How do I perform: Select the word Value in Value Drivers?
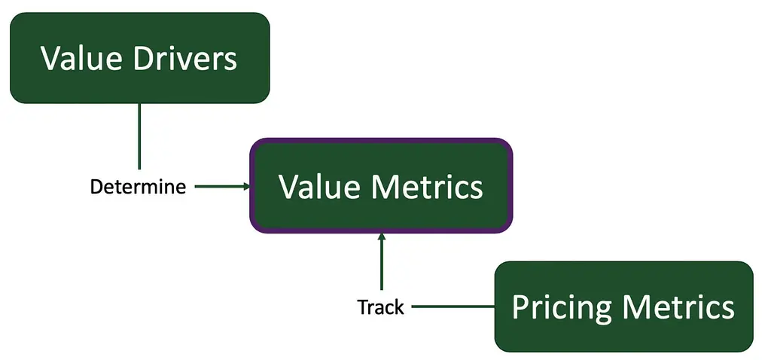pyautogui.click(x=81, y=58)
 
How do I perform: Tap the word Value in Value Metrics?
pyautogui.click(x=319, y=186)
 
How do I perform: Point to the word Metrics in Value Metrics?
pyautogui.click(x=427, y=186)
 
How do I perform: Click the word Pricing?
pyautogui.click(x=560, y=308)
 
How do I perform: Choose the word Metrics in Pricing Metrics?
pyautogui.click(x=678, y=307)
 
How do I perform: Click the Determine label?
pyautogui.click(x=139, y=187)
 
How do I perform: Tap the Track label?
pyautogui.click(x=380, y=307)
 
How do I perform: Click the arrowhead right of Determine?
pyautogui.click(x=247, y=186)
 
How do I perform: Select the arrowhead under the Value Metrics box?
pyautogui.click(x=381, y=236)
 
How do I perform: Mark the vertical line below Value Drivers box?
pyautogui.click(x=139, y=136)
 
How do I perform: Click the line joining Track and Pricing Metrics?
pyautogui.click(x=453, y=307)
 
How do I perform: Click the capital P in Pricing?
pyautogui.click(x=520, y=307)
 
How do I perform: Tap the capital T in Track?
pyautogui.click(x=363, y=307)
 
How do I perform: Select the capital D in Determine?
pyautogui.click(x=96, y=187)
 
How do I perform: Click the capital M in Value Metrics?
pyautogui.click(x=385, y=187)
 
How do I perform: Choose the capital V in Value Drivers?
pyautogui.click(x=52, y=59)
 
